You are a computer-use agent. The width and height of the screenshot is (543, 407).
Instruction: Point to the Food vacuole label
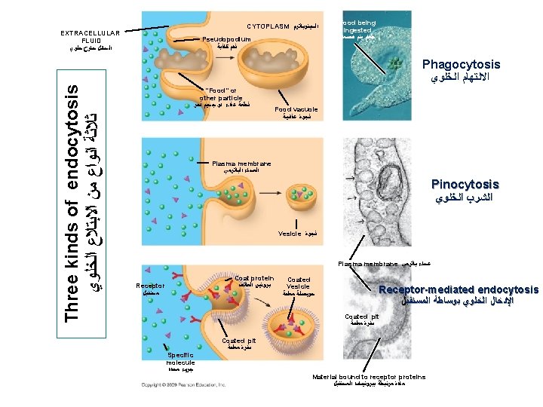click(x=296, y=109)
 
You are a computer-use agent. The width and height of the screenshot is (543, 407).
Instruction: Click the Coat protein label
click(x=254, y=278)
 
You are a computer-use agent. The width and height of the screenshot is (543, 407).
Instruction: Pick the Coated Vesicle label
click(x=299, y=283)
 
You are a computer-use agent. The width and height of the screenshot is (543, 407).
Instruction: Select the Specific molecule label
click(x=181, y=359)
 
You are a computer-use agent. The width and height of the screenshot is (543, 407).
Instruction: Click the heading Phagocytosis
click(x=461, y=65)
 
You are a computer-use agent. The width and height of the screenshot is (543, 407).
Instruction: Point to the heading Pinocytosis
click(x=465, y=184)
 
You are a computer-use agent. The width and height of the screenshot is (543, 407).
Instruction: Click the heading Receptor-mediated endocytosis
click(x=459, y=290)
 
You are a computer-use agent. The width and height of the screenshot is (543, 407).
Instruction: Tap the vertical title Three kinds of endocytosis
click(x=72, y=203)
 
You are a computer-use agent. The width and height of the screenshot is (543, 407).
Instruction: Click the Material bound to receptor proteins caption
click(x=369, y=377)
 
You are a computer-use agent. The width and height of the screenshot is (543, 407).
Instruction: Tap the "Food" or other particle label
click(x=218, y=94)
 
